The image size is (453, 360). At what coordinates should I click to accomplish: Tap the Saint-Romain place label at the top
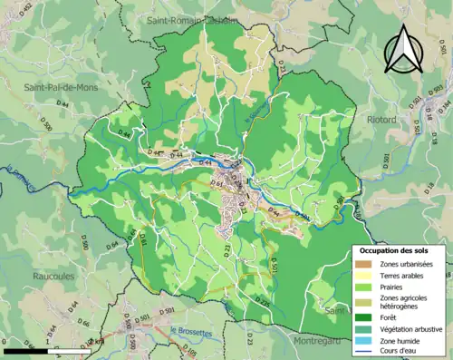point(186,17)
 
